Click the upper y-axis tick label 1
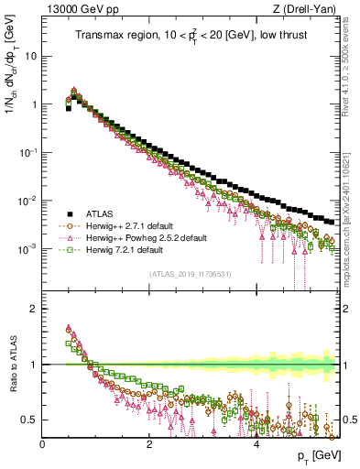[33, 104]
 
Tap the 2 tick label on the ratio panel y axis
[33, 309]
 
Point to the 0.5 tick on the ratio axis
[29, 420]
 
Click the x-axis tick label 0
[42, 444]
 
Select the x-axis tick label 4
[256, 444]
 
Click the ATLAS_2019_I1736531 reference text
[189, 274]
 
